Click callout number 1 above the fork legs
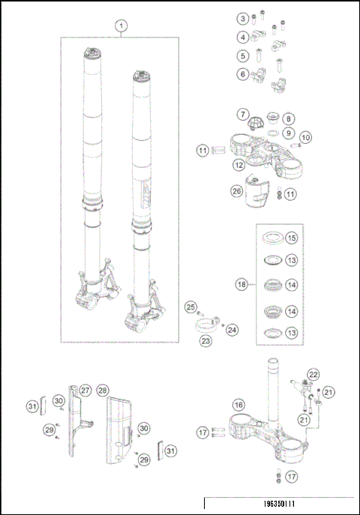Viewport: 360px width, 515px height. (x=119, y=25)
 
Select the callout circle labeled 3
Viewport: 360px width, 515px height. (x=243, y=18)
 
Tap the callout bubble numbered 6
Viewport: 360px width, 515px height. (x=243, y=74)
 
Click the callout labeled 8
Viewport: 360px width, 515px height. (x=289, y=119)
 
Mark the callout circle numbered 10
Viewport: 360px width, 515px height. (x=305, y=138)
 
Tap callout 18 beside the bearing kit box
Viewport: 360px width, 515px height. (x=241, y=286)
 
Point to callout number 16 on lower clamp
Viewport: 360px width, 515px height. (x=238, y=405)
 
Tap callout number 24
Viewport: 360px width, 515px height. (x=231, y=328)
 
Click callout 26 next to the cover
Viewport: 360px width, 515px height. (x=237, y=193)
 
